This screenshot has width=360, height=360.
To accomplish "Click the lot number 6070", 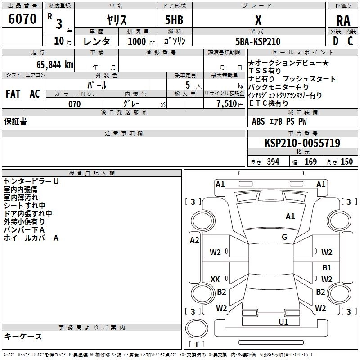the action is click(x=22, y=18).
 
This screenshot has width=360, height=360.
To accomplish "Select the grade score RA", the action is click(x=343, y=21).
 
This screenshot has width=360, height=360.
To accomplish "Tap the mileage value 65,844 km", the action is click(x=55, y=65).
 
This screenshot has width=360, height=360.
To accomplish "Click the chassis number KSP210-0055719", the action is click(x=302, y=143).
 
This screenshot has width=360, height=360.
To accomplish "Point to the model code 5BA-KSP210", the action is click(x=258, y=41).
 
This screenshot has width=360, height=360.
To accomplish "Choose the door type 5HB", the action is click(x=174, y=20).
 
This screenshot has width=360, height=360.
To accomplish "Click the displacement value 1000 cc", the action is click(x=141, y=41).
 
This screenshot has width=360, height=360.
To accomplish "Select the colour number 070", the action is click(x=75, y=104).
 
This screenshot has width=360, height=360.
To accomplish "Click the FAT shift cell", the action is click(x=13, y=94).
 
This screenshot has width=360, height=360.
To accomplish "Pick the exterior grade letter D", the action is click(x=336, y=41).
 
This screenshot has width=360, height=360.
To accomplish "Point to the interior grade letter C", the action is click(x=350, y=41).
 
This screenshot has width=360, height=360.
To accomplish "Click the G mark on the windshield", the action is click(x=284, y=237).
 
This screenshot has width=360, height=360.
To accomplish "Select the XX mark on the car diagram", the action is click(x=215, y=279).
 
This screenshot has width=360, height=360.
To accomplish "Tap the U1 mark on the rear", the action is click(x=283, y=322).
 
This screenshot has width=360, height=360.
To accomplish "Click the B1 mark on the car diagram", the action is click(x=327, y=267).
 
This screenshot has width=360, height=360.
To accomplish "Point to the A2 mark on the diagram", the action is click(x=194, y=240).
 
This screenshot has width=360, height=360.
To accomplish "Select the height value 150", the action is click(x=346, y=162).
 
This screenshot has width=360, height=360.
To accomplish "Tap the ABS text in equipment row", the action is click(x=258, y=121).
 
